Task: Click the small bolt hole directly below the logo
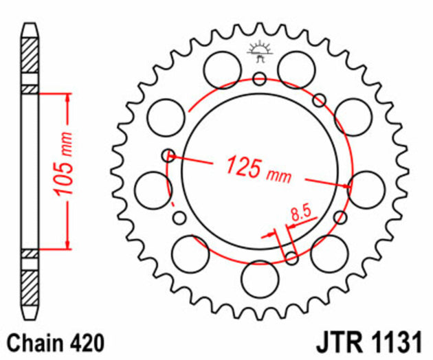259,78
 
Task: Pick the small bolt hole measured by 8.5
291,258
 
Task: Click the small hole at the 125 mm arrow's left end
169,156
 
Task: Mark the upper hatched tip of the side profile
29,55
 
